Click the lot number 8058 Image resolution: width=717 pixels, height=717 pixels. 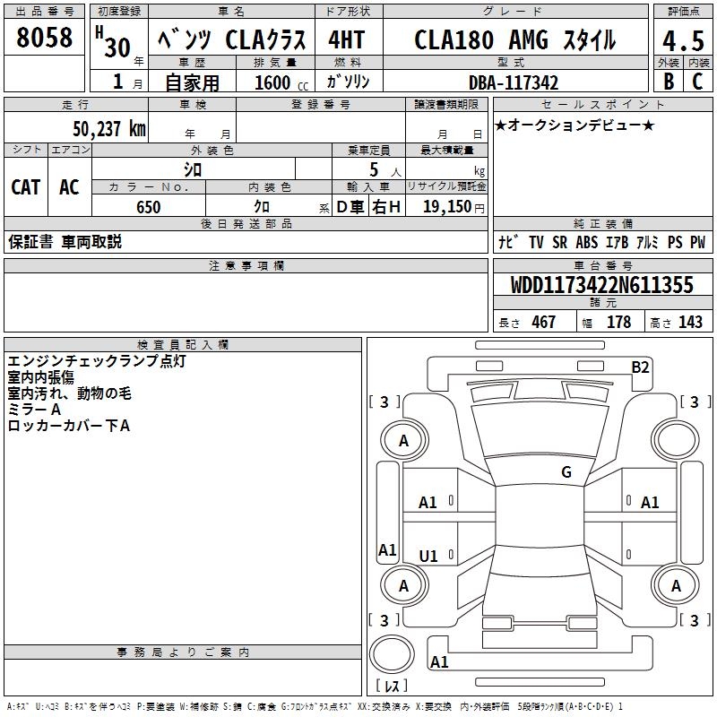pyautogui.click(x=44, y=38)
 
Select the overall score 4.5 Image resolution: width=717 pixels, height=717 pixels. pyautogui.click(x=681, y=41)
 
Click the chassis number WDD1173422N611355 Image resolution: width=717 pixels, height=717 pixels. pyautogui.click(x=601, y=285)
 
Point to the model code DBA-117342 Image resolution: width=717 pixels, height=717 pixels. pyautogui.click(x=514, y=82)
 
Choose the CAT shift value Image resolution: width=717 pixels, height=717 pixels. pyautogui.click(x=25, y=186)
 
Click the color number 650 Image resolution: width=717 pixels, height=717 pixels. pyautogui.click(x=148, y=207)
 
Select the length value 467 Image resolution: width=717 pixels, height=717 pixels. pyautogui.click(x=543, y=323)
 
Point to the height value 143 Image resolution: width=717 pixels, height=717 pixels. pyautogui.click(x=690, y=323)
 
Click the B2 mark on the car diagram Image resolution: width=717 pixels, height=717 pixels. pyautogui.click(x=640, y=367)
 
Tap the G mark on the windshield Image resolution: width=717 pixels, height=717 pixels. pyautogui.click(x=566, y=472)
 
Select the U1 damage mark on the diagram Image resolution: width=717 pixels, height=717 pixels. pyautogui.click(x=428, y=557)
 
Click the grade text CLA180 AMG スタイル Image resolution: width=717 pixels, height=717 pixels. pyautogui.click(x=514, y=41)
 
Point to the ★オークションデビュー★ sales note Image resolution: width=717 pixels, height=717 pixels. pyautogui.click(x=574, y=125)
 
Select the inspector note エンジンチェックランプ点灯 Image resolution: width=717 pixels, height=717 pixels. pyautogui.click(x=96, y=361)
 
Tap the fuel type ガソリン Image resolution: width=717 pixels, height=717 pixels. pyautogui.click(x=349, y=82)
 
